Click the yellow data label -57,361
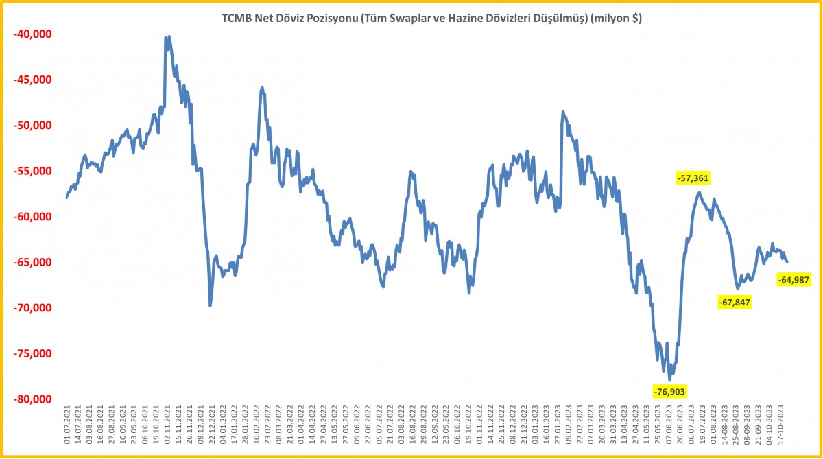pos(693,178)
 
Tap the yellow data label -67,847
pos(735,302)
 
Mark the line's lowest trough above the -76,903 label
pos(669,379)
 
